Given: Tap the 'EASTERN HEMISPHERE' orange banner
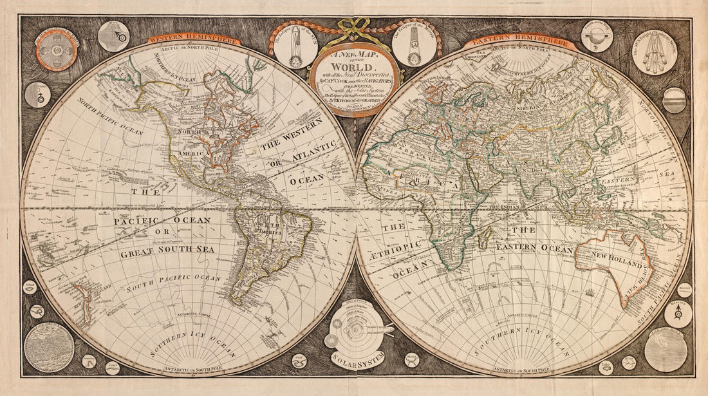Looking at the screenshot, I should click(521, 42).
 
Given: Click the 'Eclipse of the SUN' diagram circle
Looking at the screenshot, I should click(295, 46).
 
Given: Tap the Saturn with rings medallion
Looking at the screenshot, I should click(597, 36).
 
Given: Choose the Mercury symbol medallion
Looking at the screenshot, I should click(678, 314).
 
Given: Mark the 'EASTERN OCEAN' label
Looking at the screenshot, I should click(534, 249).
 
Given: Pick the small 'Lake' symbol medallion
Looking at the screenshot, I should click(606, 367).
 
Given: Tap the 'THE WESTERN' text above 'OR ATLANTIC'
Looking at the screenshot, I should click(298, 142).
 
